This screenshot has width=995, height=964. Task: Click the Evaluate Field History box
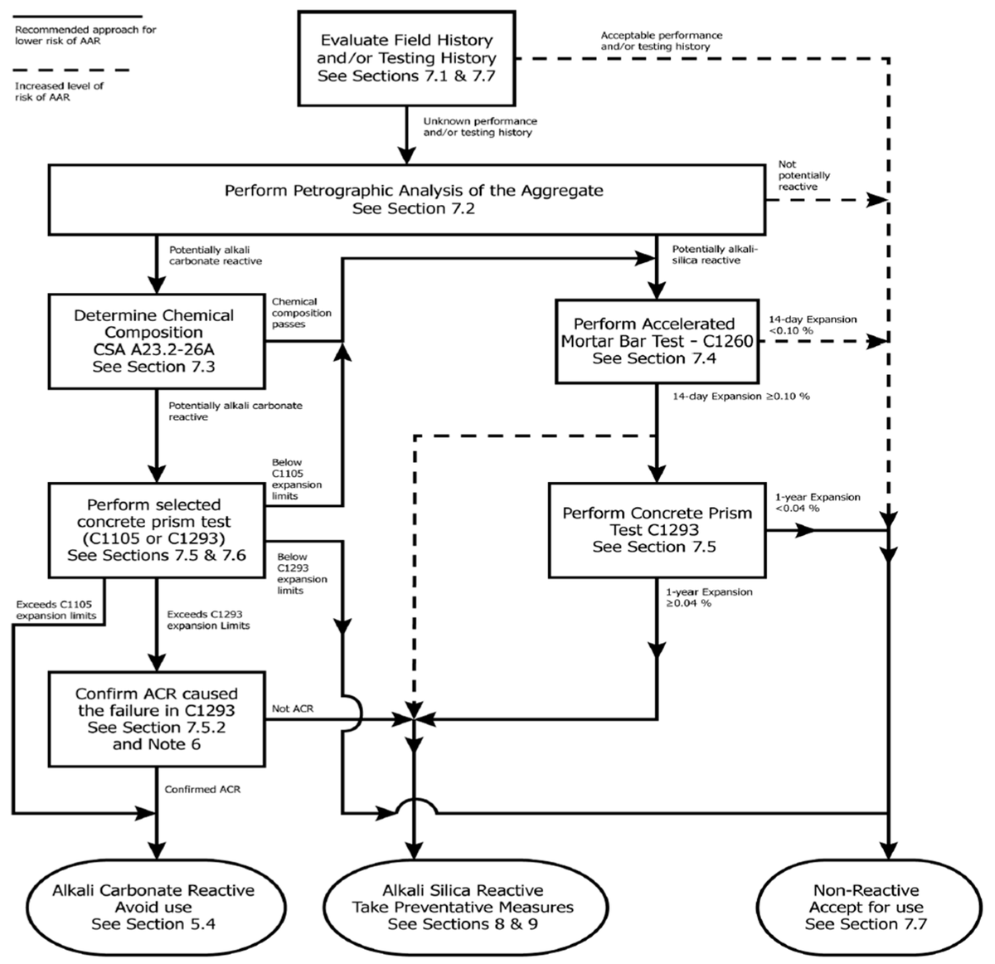[406, 58]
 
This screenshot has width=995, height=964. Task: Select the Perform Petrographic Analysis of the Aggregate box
[406, 199]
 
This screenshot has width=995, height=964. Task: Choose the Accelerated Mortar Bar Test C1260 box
[656, 341]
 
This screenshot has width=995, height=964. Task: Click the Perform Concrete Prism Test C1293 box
[656, 529]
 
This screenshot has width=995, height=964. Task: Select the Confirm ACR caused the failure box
[156, 718]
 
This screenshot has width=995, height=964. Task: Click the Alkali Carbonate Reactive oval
[153, 907]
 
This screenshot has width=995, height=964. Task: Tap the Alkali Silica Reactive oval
[463, 907]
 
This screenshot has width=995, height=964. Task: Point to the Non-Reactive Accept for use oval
[866, 907]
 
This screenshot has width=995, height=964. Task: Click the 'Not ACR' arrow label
[293, 709]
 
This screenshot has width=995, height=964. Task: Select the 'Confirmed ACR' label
[202, 789]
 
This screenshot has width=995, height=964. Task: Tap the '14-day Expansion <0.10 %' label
[812, 324]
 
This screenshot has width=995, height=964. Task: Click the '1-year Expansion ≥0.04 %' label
[708, 597]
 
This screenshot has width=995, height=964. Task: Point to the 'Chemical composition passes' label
[301, 313]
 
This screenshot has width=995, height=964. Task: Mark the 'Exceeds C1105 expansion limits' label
[56, 610]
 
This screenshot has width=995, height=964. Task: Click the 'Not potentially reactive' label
[803, 176]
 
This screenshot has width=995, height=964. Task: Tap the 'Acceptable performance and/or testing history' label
[661, 41]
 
